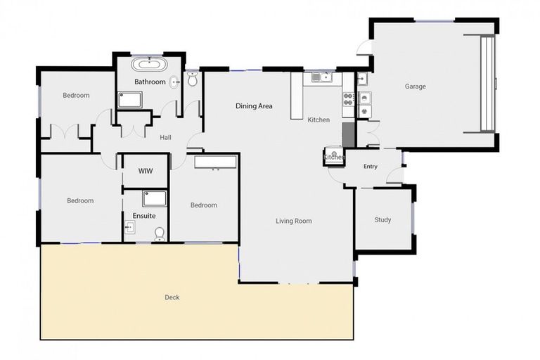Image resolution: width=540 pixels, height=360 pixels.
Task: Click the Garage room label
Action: point(415,86)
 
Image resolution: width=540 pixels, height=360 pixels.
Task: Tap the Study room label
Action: point(382,220)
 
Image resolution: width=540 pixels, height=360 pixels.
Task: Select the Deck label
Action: point(172,297)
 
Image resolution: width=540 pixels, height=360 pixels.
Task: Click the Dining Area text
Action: point(254,106)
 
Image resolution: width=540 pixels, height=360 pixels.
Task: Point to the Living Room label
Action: point(293,221)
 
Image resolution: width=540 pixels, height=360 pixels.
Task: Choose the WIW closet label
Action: point(146,171)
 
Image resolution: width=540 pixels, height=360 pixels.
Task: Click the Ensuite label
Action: point(144,216)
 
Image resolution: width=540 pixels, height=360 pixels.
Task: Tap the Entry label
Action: point(371,167)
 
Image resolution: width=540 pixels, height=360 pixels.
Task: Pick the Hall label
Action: point(166,138)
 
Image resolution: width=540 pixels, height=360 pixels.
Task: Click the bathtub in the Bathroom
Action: point(150,66)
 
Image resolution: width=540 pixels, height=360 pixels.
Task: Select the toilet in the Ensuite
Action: point(160,233)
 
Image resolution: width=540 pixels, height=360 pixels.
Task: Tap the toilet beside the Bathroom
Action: point(193,79)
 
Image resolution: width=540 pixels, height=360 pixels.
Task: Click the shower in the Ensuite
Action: point(155,198)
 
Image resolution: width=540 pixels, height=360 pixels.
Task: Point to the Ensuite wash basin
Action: point(130,226)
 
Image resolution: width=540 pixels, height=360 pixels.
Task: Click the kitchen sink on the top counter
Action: point(321,77)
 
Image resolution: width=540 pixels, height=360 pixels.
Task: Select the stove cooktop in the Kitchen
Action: point(347,99)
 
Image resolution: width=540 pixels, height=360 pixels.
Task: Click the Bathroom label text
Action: point(150,82)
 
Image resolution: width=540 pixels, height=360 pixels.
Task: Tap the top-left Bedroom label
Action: point(76,96)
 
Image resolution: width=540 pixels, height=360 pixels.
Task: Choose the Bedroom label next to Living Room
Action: point(204,205)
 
